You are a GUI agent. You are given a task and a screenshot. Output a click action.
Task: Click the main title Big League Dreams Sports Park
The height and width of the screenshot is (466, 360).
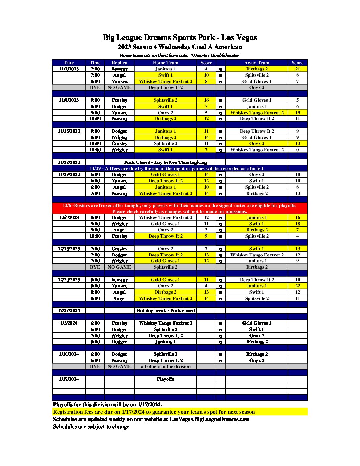(180, 38)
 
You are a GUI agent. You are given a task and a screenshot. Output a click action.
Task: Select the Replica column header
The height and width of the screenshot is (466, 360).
(119, 63)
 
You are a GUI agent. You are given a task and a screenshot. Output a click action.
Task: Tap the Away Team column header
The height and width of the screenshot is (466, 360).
(257, 63)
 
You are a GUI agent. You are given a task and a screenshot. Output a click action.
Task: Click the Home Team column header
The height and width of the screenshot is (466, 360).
(165, 63)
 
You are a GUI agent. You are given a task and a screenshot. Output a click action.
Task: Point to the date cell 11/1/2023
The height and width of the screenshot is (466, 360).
(69, 69)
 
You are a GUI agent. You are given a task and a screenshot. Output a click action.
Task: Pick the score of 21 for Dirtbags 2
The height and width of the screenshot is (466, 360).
(297, 69)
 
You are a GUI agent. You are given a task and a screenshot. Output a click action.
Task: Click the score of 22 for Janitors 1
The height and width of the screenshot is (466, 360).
(297, 286)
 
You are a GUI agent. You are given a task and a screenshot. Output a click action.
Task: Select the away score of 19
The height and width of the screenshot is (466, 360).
(297, 113)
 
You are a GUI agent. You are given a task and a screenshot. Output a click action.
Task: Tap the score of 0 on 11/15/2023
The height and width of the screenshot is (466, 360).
(297, 150)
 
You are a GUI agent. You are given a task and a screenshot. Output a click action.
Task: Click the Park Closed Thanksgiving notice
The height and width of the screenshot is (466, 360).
(165, 162)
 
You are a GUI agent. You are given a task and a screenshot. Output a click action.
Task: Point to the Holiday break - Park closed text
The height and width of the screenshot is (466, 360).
(165, 310)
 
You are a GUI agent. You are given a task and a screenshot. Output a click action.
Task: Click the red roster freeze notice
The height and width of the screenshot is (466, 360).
(180, 208)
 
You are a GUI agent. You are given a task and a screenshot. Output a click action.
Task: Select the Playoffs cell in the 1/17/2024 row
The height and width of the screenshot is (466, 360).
(165, 379)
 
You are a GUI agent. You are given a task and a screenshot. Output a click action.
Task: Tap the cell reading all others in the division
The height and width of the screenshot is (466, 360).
(165, 366)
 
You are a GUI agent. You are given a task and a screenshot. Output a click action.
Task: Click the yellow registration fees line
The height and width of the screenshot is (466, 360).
(154, 412)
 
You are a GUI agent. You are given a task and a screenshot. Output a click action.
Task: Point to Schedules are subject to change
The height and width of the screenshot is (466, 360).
(91, 427)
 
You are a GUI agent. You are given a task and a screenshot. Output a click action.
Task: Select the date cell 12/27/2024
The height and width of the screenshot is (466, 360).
(69, 310)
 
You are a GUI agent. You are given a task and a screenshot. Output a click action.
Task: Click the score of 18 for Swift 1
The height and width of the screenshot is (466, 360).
(297, 224)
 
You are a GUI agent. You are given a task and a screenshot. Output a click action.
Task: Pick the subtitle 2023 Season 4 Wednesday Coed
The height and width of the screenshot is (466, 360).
(180, 47)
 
